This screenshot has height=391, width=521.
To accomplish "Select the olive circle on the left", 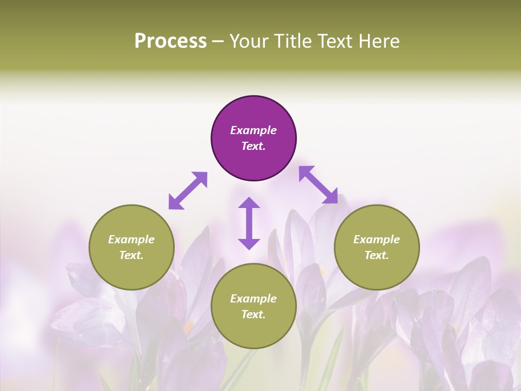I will tap(131, 247).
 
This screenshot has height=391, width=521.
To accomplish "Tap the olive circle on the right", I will tap(377, 247).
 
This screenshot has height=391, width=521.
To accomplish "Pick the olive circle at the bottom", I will tap(253, 306).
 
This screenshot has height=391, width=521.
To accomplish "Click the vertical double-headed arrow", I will tap(249, 223).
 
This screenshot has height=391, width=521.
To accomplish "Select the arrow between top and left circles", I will tap(188, 191).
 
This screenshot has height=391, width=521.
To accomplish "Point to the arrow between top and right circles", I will tap(318, 185).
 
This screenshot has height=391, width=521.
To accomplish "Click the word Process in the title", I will tap(170, 41).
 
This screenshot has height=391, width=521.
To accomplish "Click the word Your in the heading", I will tap(249, 41).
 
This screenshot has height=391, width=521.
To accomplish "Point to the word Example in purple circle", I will tap(253, 130).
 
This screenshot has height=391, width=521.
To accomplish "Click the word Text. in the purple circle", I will tap(253, 146).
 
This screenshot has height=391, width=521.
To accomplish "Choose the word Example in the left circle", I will tap(131, 239).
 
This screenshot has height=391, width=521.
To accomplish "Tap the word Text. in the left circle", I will tap(131, 255).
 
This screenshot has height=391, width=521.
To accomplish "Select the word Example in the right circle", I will tap(377, 239).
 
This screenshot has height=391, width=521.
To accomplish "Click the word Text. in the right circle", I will tap(377, 255).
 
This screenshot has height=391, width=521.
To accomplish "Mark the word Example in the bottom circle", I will tap(253, 299).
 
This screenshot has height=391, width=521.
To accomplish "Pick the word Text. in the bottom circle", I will tap(253, 314).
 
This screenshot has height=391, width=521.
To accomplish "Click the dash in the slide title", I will tap(218, 42).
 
